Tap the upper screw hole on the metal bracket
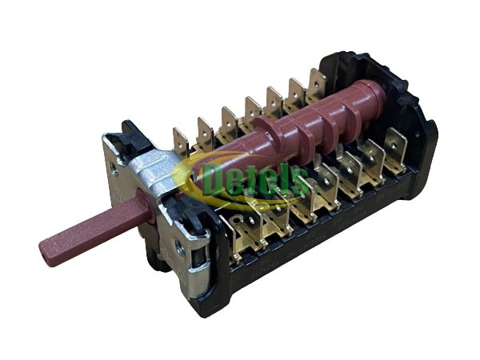114,169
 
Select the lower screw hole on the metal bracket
180,246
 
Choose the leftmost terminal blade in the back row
181,142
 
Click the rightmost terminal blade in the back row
318,82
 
